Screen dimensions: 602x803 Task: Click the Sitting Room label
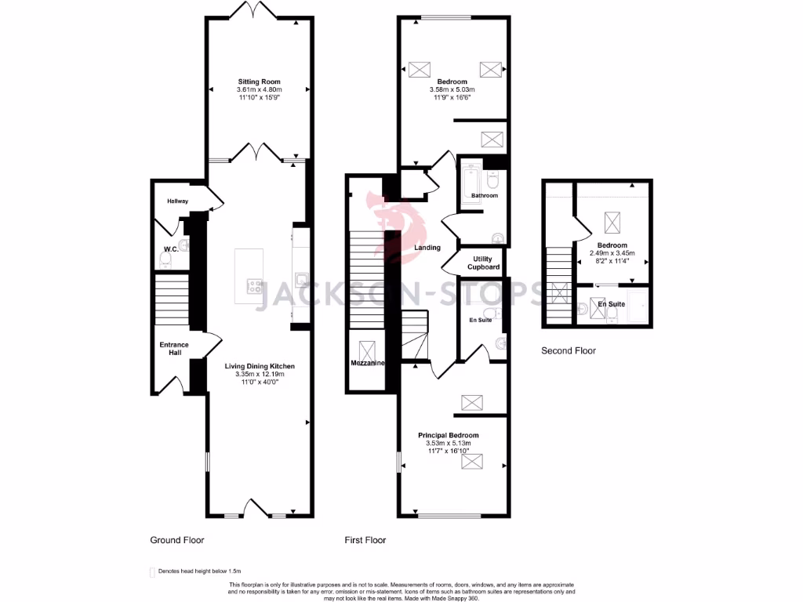click(260, 82)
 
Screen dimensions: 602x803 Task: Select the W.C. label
click(169, 250)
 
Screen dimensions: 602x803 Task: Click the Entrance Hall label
click(174, 349)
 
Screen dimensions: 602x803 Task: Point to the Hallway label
click(177, 201)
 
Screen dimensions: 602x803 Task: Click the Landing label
click(427, 248)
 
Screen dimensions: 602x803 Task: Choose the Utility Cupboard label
click(484, 263)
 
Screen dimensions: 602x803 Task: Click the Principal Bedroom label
click(448, 435)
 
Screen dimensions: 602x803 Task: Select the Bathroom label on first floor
click(485, 195)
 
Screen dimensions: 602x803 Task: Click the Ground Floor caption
click(177, 540)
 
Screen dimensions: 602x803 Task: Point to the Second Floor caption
click(569, 350)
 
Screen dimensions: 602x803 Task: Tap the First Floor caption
click(365, 540)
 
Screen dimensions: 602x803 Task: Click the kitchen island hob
click(255, 287)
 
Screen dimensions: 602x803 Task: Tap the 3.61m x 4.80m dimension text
click(260, 90)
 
